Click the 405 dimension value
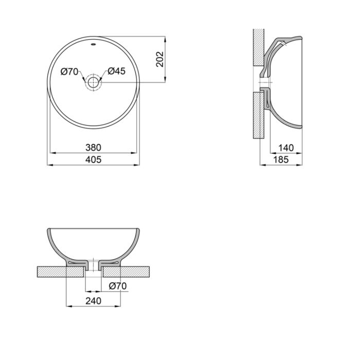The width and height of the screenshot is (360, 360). [93, 160]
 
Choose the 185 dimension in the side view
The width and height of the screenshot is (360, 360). [280, 160]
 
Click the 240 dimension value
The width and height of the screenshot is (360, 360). [93, 301]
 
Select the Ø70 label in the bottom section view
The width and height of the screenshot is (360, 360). [117, 286]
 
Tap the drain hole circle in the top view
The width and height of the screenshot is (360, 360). [93, 82]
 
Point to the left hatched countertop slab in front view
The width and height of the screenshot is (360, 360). [51, 271]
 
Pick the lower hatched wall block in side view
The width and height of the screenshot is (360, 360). [259, 115]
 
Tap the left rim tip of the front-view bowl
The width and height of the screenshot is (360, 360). [48, 229]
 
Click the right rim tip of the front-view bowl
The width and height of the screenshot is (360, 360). [139, 229]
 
